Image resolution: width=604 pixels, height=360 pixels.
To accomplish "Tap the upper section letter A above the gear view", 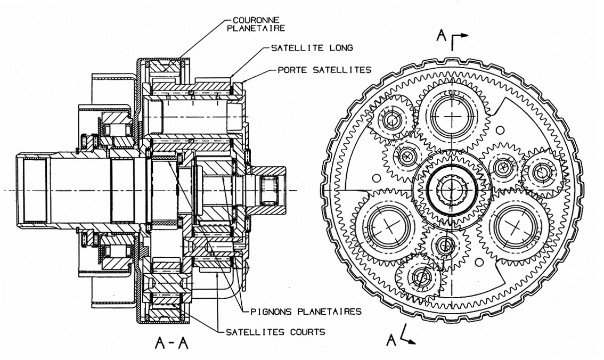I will click(x=440, y=35).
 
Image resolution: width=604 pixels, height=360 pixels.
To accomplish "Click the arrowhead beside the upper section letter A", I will click(x=464, y=36).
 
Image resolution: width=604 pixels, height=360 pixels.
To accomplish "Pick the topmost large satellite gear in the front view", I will click(x=451, y=114).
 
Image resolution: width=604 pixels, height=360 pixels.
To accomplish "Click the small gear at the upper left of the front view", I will click(x=392, y=120).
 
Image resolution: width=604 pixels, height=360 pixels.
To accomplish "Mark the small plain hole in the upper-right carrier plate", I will click(x=500, y=130).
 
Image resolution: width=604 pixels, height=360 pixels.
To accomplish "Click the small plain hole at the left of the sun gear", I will click(x=377, y=177).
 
